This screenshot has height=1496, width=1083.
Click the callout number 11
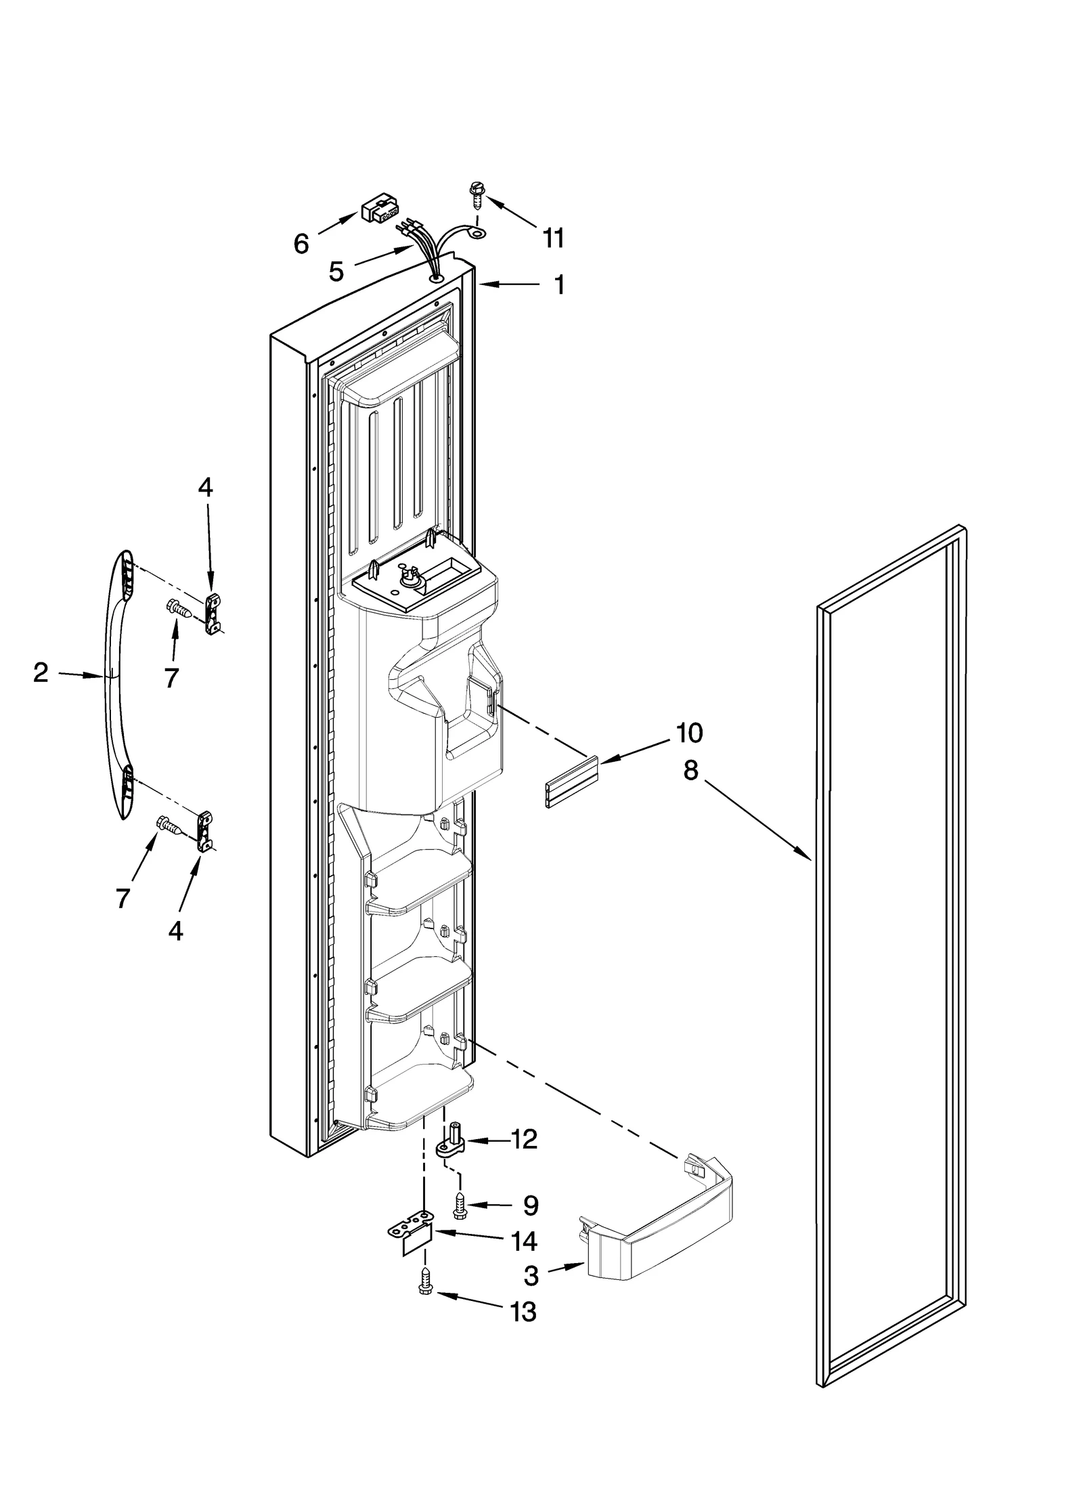pos(553,238)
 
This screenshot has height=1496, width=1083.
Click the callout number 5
pos(336,272)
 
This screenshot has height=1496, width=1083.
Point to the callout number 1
pos(559,285)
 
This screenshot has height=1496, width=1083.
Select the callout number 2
pos(41,672)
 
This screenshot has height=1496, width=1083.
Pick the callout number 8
pos(690,770)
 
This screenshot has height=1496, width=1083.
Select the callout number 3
pos(531,1276)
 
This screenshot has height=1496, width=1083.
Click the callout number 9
pos(531,1205)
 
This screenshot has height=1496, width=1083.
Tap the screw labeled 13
pos(425,1281)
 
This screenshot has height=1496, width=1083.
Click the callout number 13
pos(523,1312)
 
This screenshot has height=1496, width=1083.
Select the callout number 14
pos(523,1241)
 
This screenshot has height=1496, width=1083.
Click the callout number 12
pos(523,1139)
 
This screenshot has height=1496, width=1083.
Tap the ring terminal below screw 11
pos(479,234)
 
